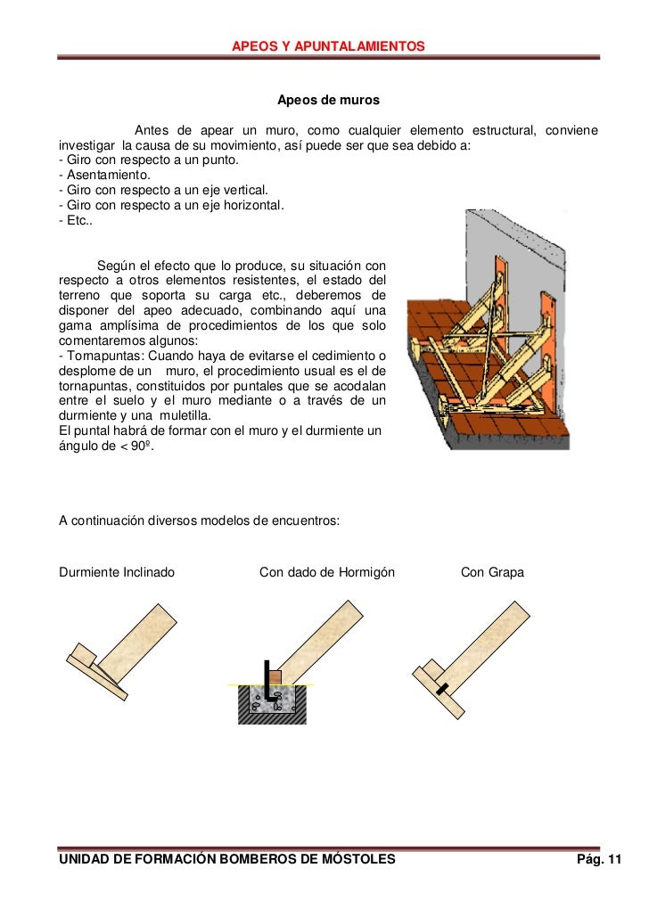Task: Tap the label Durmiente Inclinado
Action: coord(117,572)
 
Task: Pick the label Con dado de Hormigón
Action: coord(326,572)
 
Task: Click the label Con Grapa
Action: coord(492,572)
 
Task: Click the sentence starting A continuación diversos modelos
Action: coord(199,519)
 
